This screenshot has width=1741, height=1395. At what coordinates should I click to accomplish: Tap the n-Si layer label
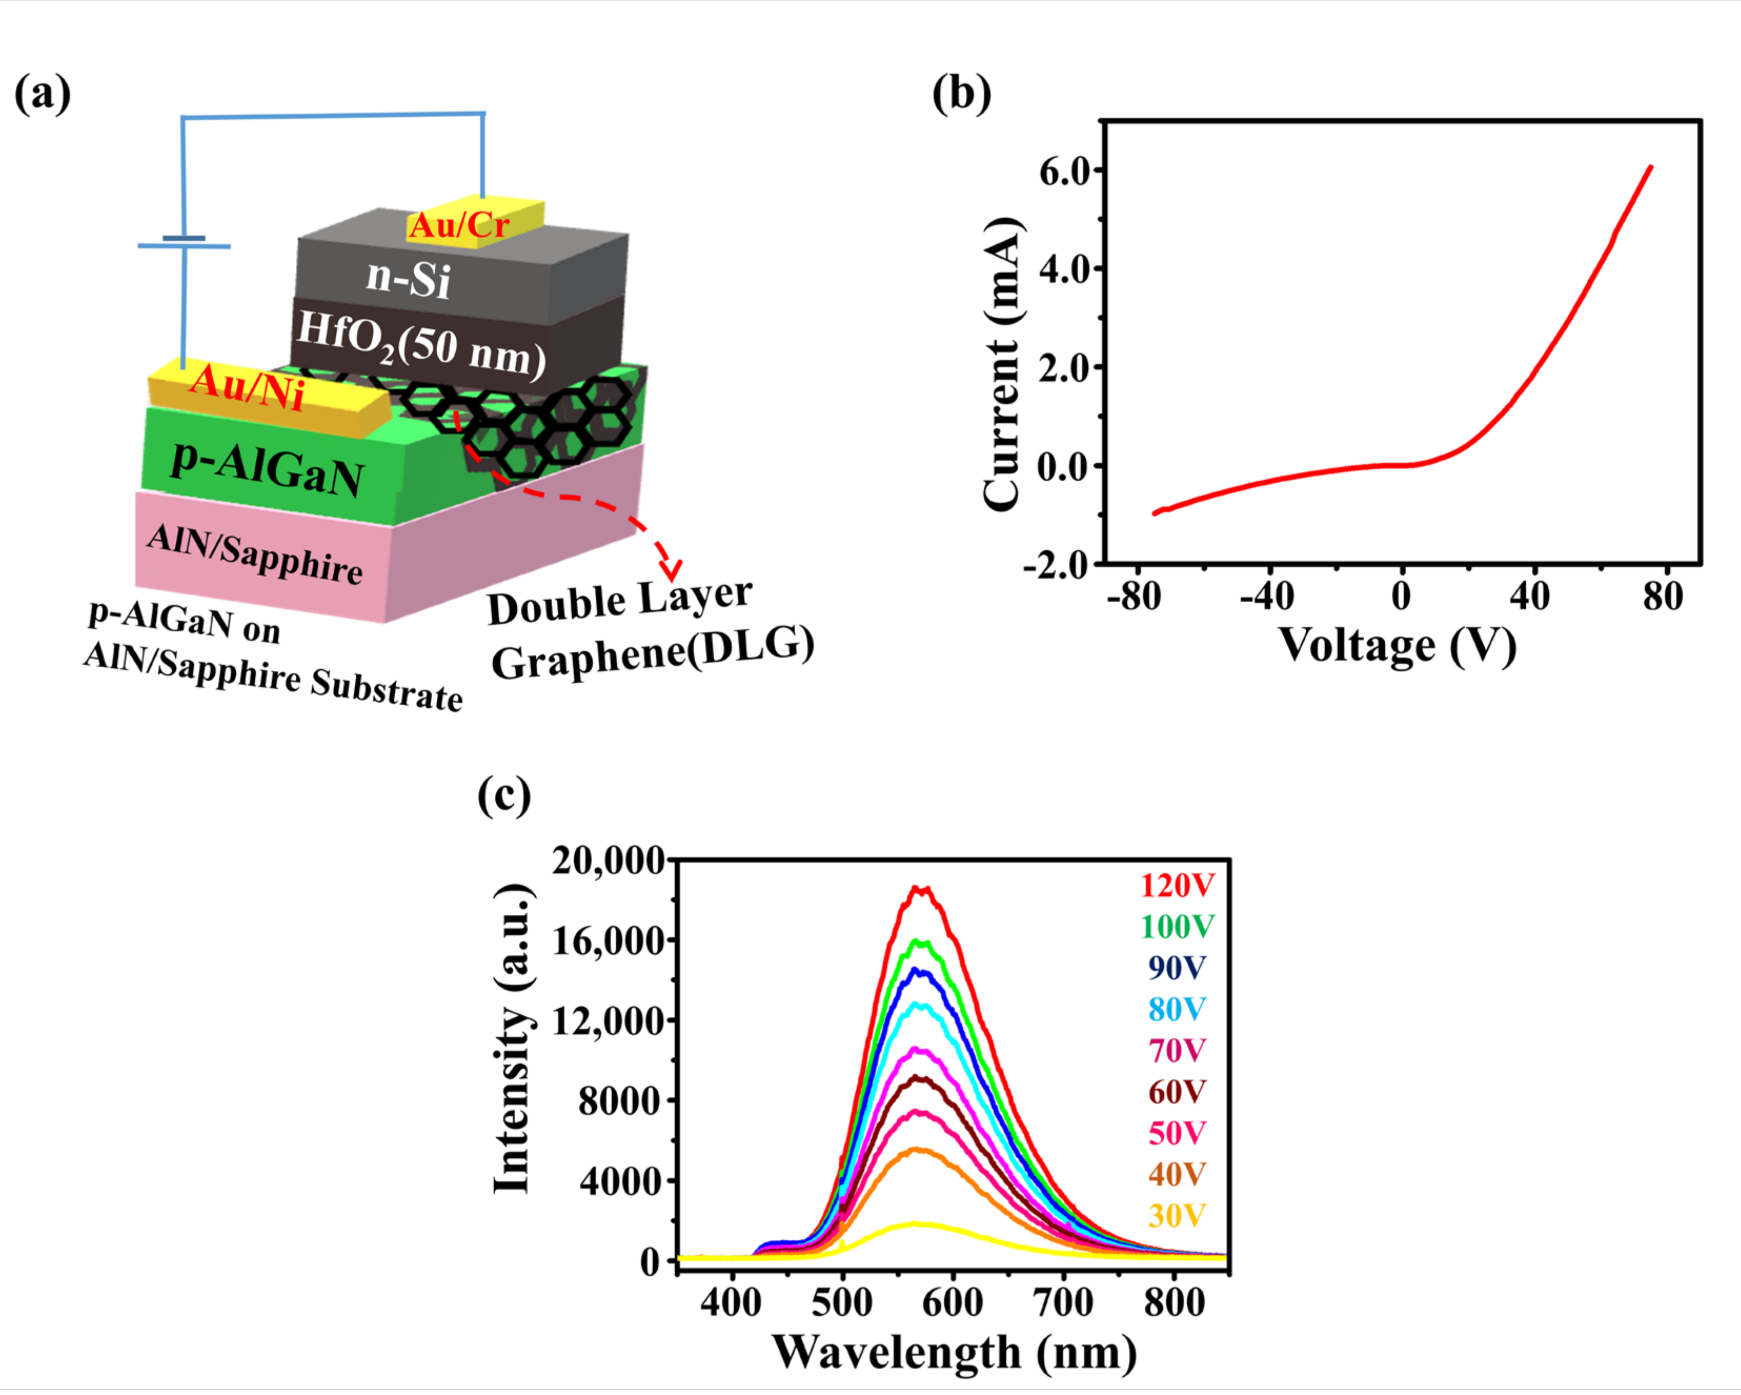[x=408, y=278]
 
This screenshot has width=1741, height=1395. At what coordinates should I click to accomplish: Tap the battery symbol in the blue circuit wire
[x=184, y=242]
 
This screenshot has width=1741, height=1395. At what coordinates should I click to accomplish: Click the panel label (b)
[x=961, y=95]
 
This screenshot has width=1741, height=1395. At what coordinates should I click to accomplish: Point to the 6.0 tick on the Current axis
[x=1064, y=171]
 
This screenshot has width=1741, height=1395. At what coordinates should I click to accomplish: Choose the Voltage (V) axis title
[x=1397, y=646]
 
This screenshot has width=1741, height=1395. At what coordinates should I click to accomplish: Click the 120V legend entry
[x=1177, y=886]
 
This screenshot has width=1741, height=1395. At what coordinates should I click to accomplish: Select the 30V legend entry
[x=1177, y=1216]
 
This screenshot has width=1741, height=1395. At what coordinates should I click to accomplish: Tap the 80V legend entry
[x=1177, y=1009]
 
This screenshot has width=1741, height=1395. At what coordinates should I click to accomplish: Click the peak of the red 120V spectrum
[x=920, y=888]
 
